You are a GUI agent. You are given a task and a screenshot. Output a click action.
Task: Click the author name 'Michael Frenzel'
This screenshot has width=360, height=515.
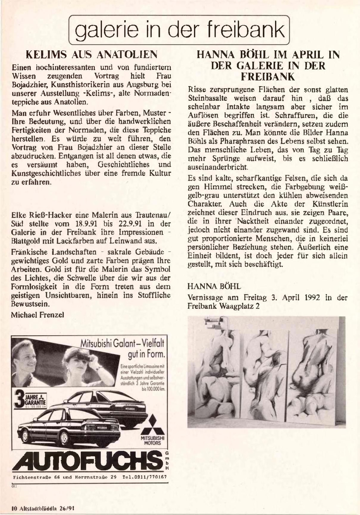tap(37, 315)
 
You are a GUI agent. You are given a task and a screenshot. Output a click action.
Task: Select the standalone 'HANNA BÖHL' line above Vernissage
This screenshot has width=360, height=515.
tap(214, 286)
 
